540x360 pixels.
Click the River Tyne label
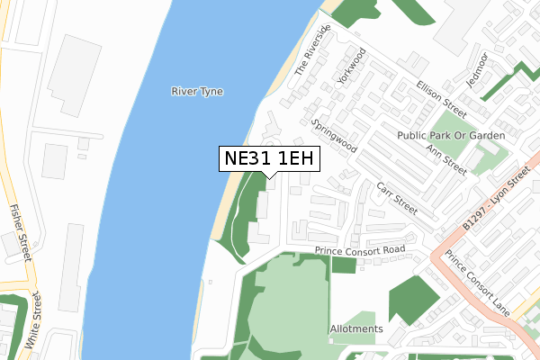pyautogui.click(x=198, y=91)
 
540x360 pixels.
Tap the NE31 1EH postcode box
pyautogui.click(x=269, y=158)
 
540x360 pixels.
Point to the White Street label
pyautogui.click(x=33, y=319)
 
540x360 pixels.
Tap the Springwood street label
pyautogui.click(x=334, y=134)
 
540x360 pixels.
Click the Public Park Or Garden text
pyautogui.click(x=451, y=135)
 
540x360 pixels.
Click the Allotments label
pyautogui.click(x=356, y=329)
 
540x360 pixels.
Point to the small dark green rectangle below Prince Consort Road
pyautogui.click(x=344, y=265)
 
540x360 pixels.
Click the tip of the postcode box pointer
pyautogui.click(x=269, y=178)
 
